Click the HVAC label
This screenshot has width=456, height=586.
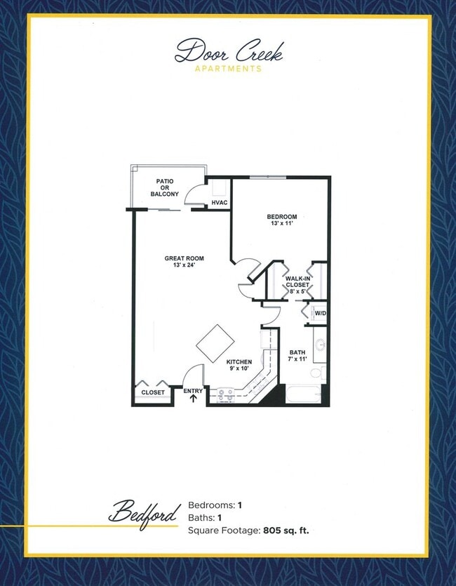tap(219, 204)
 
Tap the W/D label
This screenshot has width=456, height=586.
tap(320, 313)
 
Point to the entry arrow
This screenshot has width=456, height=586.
tap(193, 399)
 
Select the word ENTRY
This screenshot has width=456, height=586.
tap(193, 391)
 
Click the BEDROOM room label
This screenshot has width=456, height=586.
tap(282, 216)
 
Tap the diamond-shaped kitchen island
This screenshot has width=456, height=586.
tap(215, 342)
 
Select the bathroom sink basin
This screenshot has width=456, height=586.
tap(320, 345)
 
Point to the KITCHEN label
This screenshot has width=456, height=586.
tap(239, 362)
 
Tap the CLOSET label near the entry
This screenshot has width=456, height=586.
tap(153, 392)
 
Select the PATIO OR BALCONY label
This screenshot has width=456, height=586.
tap(165, 187)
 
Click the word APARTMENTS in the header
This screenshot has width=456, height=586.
tap(228, 69)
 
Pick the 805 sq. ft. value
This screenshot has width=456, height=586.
tap(286, 531)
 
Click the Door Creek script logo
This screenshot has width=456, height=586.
tap(228, 51)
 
